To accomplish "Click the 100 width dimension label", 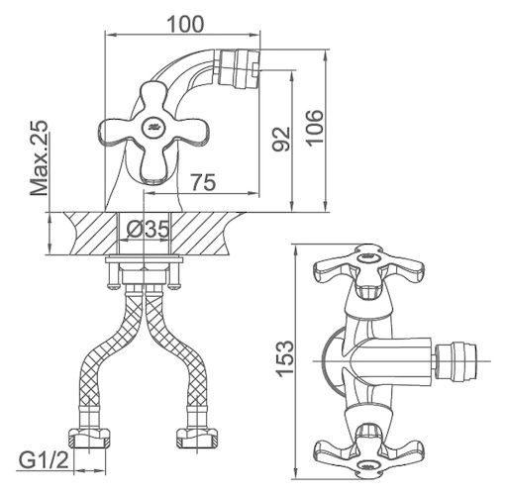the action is [x=186, y=24].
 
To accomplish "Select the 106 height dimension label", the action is [x=314, y=128].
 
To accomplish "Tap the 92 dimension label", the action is [x=281, y=139].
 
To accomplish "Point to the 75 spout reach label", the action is [x=204, y=182].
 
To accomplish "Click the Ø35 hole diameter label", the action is [x=148, y=229].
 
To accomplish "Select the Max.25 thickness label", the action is [x=40, y=158].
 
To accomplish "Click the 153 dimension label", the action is [x=285, y=358].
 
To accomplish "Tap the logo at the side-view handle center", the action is [x=153, y=127].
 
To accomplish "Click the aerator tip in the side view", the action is [x=241, y=69].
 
